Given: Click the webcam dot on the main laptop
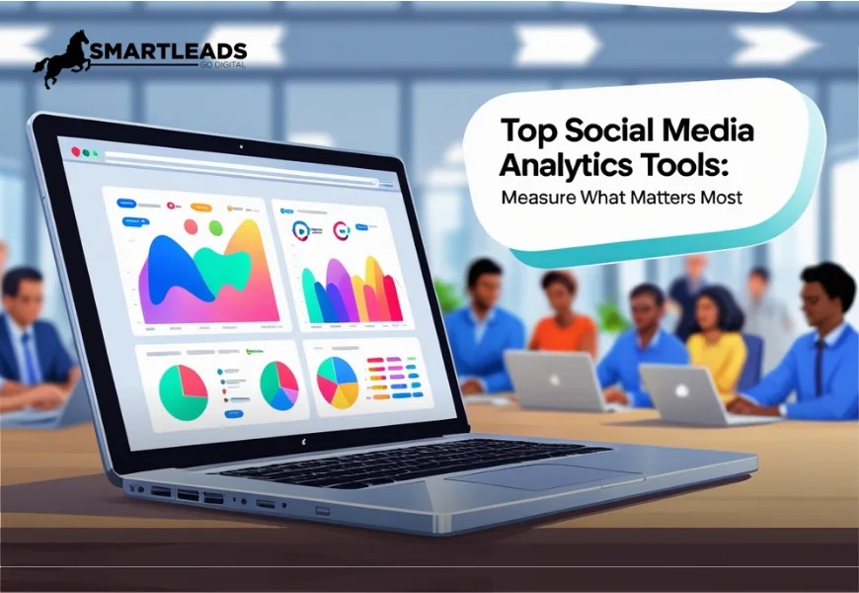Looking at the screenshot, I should pyautogui.click(x=240, y=145).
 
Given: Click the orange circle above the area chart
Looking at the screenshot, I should pyautogui.click(x=191, y=226).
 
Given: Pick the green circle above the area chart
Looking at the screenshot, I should pyautogui.click(x=215, y=228).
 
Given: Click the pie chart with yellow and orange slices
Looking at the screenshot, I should pyautogui.click(x=337, y=381).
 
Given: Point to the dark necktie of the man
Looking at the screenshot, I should pyautogui.click(x=819, y=366).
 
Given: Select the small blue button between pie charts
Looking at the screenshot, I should pyautogui.click(x=233, y=414).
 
